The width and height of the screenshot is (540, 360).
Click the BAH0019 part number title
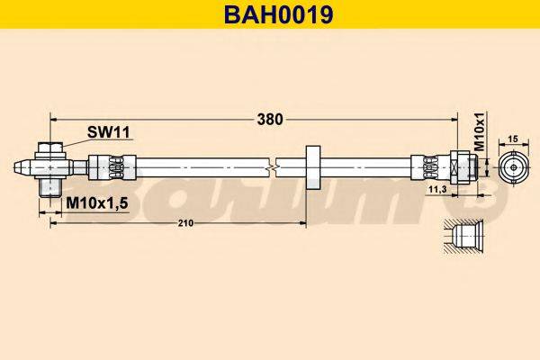pos(270,13)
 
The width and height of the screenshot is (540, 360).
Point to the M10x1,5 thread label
pos(97,203)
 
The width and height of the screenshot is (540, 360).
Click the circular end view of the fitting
pos(515,166)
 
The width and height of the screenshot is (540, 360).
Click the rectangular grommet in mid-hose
pos(313,166)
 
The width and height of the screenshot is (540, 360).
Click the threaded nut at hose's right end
pos(463,166)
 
